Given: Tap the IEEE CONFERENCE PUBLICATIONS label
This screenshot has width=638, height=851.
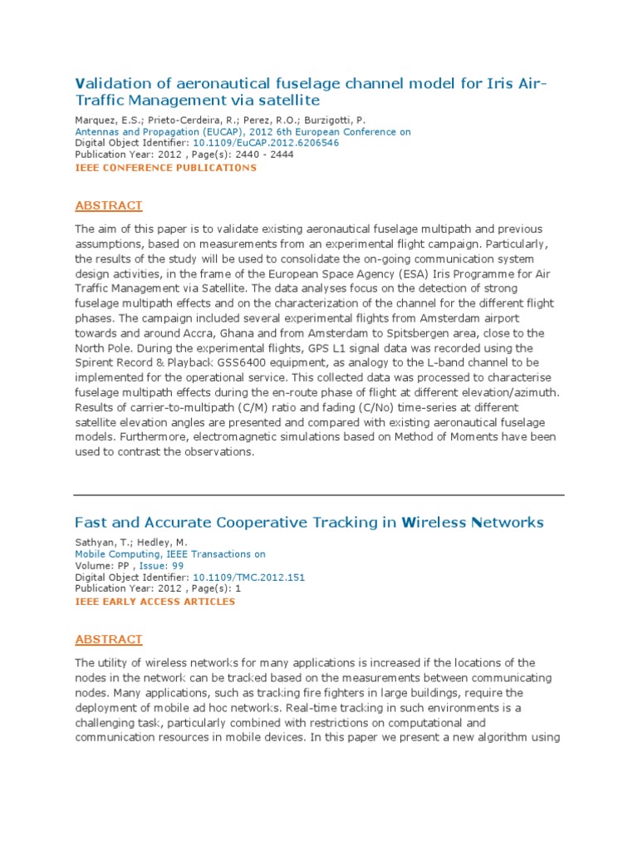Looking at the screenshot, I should click(x=165, y=168).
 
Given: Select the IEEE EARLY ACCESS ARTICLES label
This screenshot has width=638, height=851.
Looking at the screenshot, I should click(x=155, y=602).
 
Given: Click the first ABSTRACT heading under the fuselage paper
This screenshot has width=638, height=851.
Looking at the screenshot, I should click(x=109, y=206).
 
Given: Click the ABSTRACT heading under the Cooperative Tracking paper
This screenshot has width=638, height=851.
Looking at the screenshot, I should click(x=109, y=640).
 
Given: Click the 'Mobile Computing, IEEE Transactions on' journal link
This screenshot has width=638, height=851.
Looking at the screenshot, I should click(x=170, y=553).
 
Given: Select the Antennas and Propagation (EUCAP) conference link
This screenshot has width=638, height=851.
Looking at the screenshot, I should click(x=243, y=131).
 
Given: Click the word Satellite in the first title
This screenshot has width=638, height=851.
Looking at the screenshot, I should click(x=291, y=101).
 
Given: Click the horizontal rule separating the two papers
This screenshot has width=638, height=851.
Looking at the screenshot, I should click(x=319, y=494).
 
